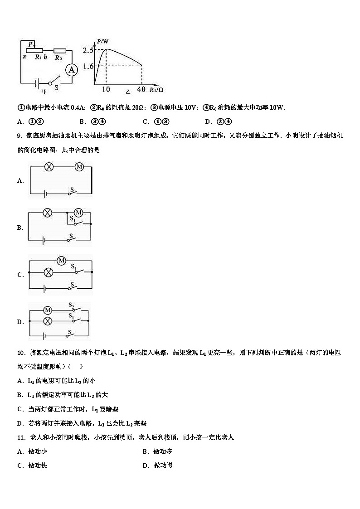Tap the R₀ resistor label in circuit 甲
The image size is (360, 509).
click(58, 58)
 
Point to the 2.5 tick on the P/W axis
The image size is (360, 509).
click(88, 50)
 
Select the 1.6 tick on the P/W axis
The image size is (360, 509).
click(88, 66)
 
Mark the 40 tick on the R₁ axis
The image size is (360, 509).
click(141, 89)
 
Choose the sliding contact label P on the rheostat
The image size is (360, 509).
click(30, 44)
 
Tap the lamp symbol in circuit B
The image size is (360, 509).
click(47, 213)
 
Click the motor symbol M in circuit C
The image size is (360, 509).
click(62, 260)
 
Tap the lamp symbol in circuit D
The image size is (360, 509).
click(47, 321)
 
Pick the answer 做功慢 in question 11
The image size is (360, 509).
click(163, 465)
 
